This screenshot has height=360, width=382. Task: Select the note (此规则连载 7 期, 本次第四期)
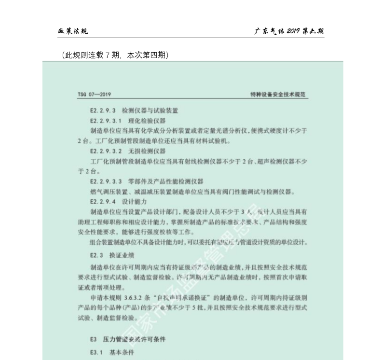point(115,55)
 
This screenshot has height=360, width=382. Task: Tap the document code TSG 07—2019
point(94,95)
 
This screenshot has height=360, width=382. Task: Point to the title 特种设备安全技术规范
point(279,95)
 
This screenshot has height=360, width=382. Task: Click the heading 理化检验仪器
point(147,121)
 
